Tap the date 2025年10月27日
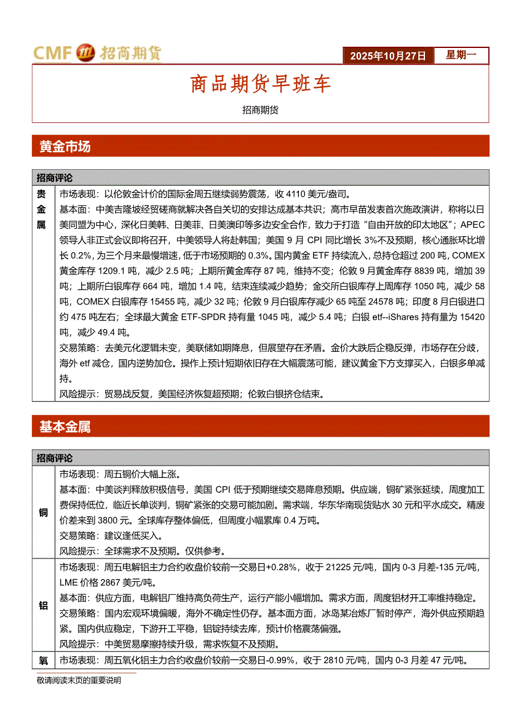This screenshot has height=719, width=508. pos(387,56)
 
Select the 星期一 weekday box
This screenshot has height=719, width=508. pos(461,55)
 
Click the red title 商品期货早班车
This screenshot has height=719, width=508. pos(260,84)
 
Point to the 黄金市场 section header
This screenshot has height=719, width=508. pos(65,147)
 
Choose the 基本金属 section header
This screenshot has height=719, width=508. pos(65,427)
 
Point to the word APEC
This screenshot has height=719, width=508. pos(472,224)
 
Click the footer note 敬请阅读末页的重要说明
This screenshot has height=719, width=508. pos(79,681)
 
